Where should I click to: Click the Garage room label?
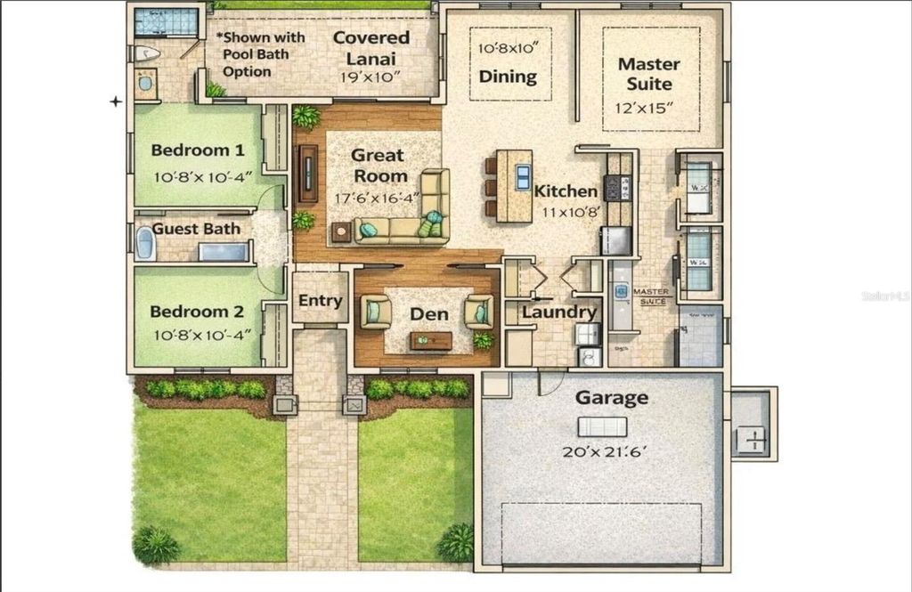point(611,398)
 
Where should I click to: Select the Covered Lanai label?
point(371,38)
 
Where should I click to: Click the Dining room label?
point(508,77)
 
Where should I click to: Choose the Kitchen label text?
point(566,191)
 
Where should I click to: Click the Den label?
point(427,314)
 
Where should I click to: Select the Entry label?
point(320,301)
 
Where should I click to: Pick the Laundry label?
point(558,312)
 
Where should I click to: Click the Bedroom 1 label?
point(197,150)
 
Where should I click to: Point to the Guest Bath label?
point(196,229)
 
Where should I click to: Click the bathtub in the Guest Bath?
point(146,242)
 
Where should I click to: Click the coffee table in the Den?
point(431,340)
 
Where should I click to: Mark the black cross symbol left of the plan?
point(116,101)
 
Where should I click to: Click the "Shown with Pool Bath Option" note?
point(260,54)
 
